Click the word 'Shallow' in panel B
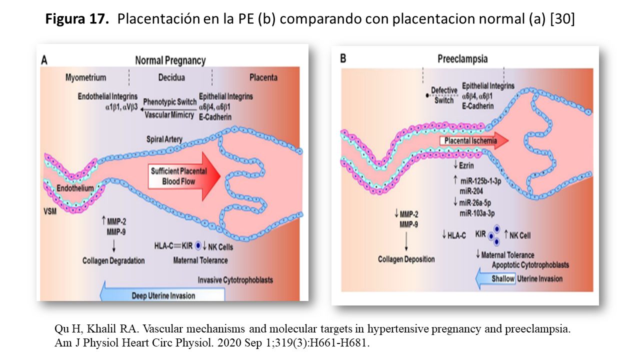point(502,279)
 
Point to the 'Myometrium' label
point(86,77)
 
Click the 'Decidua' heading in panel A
point(171,77)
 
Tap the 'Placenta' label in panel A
point(263,77)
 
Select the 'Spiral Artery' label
point(164,138)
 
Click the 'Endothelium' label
point(74,188)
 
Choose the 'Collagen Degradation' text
point(114,260)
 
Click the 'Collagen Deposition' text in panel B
point(406,259)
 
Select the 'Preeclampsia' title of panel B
point(462,59)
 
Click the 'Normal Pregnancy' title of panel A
point(170,61)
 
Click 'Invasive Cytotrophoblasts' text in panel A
point(235,280)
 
